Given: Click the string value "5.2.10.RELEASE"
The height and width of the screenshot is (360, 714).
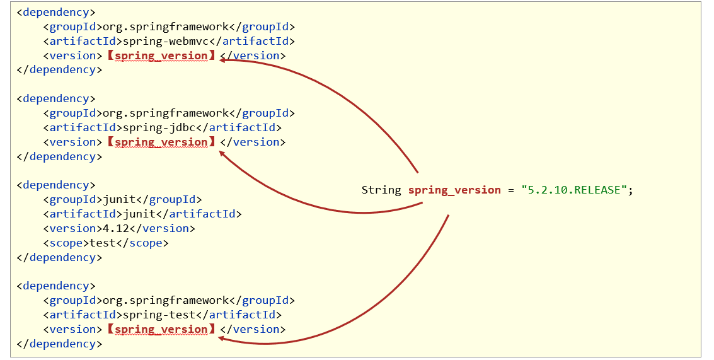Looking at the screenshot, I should pyautogui.click(x=573, y=190).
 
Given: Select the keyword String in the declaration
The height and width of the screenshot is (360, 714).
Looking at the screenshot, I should pyautogui.click(x=381, y=190).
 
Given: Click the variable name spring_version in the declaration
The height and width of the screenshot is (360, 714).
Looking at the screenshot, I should pyautogui.click(x=454, y=190).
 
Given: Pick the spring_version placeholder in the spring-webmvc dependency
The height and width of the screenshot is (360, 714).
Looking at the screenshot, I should pyautogui.click(x=161, y=55).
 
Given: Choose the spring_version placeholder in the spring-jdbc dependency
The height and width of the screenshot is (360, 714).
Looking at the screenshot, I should pyautogui.click(x=161, y=142).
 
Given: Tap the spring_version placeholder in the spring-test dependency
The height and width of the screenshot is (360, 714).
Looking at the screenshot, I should pyautogui.click(x=161, y=329).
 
